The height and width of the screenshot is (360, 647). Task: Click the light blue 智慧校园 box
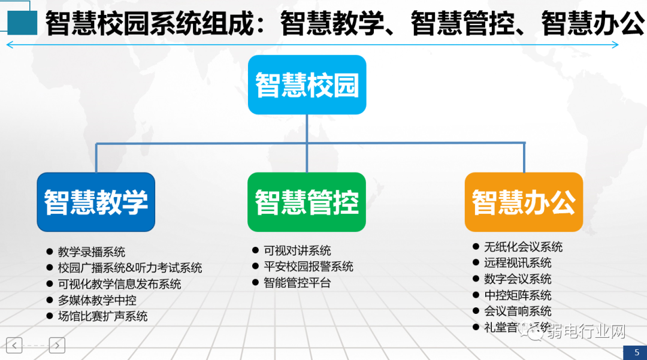coord(307,84)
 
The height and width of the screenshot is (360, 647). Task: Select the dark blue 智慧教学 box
coord(96,202)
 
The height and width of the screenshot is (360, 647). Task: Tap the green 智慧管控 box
coord(307,202)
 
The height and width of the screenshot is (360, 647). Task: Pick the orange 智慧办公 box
coord(524,202)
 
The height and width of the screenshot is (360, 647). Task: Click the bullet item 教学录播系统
coord(91,252)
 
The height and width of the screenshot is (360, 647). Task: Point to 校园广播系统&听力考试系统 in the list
coord(129,268)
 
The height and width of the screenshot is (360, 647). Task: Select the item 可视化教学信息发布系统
coord(119,284)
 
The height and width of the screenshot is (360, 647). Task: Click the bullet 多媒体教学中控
coord(96,300)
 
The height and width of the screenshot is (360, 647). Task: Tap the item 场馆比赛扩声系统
coord(102,316)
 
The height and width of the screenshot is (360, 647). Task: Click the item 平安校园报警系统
coord(308,267)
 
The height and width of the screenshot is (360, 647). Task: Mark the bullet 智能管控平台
coord(297,283)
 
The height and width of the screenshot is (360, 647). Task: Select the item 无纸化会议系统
coord(523,247)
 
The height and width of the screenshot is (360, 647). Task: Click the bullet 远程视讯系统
coord(518,262)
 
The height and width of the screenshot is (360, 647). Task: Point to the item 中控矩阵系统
coord(518,295)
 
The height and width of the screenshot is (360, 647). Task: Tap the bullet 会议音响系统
coord(518,311)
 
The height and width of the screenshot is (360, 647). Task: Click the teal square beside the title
coord(22,23)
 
